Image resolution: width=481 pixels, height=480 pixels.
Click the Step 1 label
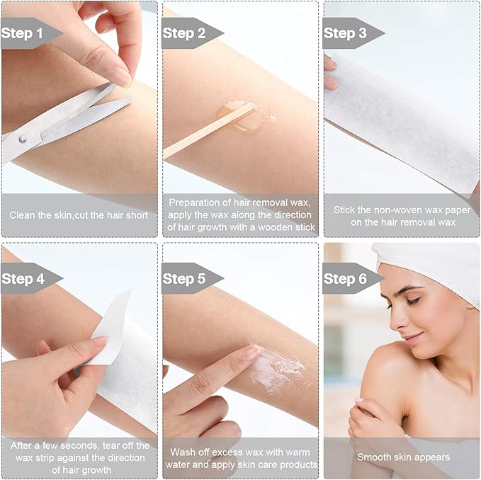point(22,33)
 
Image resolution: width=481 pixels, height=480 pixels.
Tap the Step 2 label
point(183,33)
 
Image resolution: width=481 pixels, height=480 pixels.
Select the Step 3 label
point(345,33)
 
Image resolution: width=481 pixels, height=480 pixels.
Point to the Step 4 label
point(23,278)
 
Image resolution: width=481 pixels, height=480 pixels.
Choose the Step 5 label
point(184,278)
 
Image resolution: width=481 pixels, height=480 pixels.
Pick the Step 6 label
point(345,278)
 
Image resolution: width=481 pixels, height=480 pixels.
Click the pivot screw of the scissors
point(22,139)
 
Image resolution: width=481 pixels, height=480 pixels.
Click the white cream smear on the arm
point(276,368)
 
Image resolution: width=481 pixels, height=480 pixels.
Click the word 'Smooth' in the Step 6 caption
point(374,457)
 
